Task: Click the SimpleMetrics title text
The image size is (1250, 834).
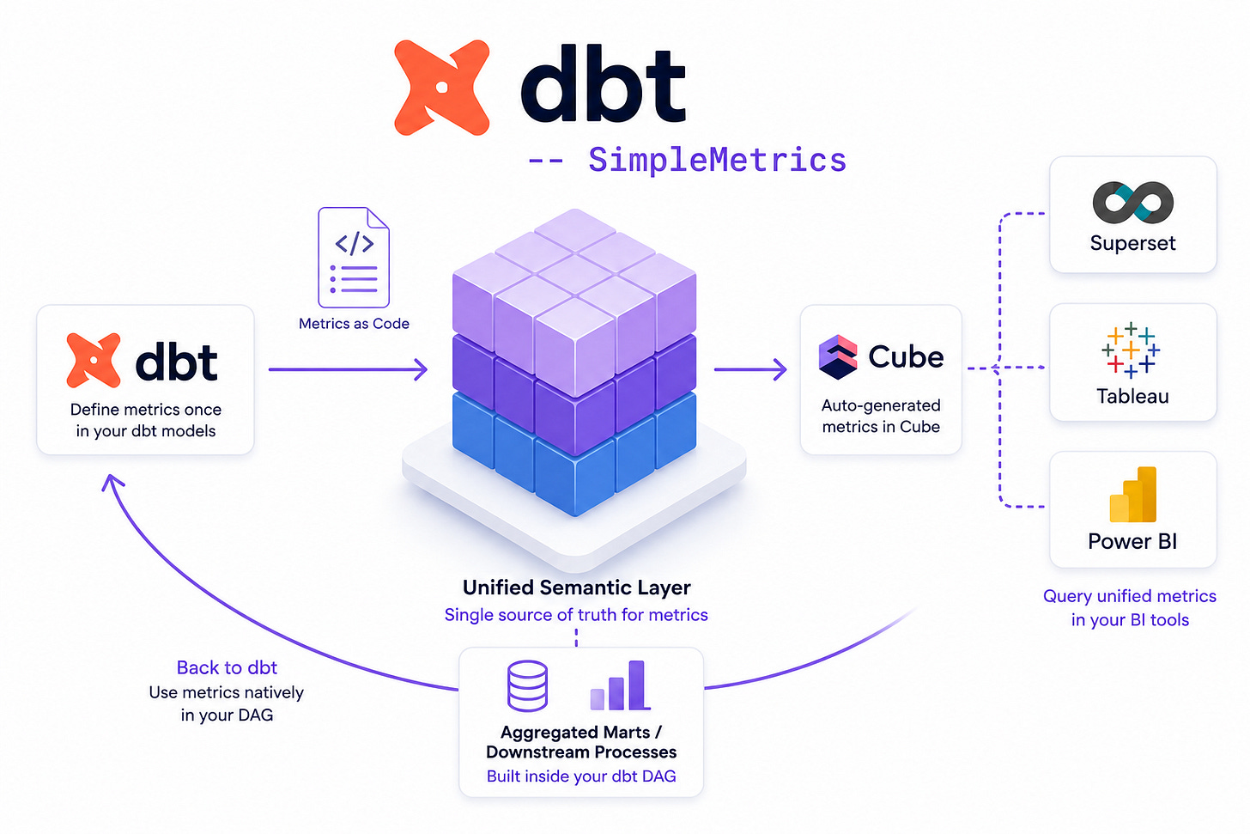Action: (717, 161)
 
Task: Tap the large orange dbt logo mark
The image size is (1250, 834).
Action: (442, 88)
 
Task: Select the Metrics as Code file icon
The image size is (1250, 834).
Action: (353, 258)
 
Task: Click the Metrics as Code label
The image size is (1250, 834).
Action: (354, 324)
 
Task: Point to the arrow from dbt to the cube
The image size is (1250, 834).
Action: (348, 369)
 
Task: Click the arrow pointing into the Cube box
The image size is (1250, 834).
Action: (750, 369)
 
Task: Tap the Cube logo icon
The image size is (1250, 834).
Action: (838, 357)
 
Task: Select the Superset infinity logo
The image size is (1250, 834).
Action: (1133, 202)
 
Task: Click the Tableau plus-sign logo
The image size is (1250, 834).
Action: (1131, 350)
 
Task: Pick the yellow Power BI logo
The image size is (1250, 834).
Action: (1133, 495)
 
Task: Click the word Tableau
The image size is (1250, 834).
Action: (1133, 396)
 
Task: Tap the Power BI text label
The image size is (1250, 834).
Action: (1133, 541)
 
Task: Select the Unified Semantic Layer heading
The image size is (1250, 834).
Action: (576, 587)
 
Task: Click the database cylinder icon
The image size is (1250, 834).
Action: (527, 686)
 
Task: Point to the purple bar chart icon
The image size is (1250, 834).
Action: (621, 685)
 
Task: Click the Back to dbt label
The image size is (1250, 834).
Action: (227, 667)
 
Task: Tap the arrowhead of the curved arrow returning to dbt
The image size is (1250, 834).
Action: (112, 481)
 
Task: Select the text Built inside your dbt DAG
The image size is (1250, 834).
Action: (581, 776)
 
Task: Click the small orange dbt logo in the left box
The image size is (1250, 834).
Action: (94, 361)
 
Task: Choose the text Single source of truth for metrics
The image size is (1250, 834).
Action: (576, 615)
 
